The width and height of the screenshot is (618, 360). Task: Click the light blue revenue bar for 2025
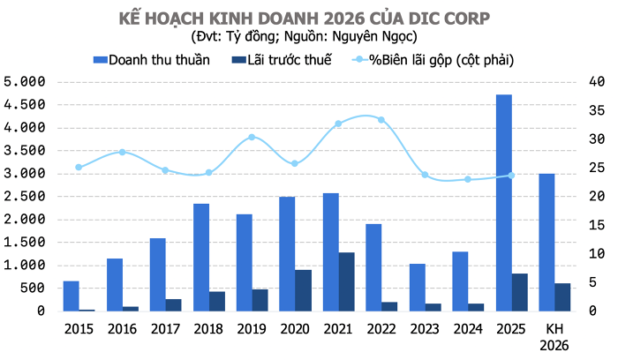[x=503, y=203]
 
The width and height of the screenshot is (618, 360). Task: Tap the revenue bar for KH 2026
[x=546, y=242]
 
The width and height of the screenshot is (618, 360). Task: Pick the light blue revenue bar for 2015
[x=72, y=296]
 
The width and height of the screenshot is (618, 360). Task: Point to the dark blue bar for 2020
[x=304, y=290]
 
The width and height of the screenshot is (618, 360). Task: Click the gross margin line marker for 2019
[x=252, y=138]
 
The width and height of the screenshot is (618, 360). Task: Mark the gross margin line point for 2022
[x=381, y=120]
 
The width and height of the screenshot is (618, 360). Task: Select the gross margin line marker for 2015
[x=79, y=168]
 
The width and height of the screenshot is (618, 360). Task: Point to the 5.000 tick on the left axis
[x=25, y=82]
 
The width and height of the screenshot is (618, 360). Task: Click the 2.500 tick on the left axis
[x=25, y=196]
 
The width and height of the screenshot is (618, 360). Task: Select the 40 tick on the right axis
[x=596, y=82]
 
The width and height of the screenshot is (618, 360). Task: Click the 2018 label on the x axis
[x=208, y=327]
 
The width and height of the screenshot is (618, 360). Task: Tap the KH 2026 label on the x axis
[x=554, y=334]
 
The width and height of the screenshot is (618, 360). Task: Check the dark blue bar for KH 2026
[x=562, y=297]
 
